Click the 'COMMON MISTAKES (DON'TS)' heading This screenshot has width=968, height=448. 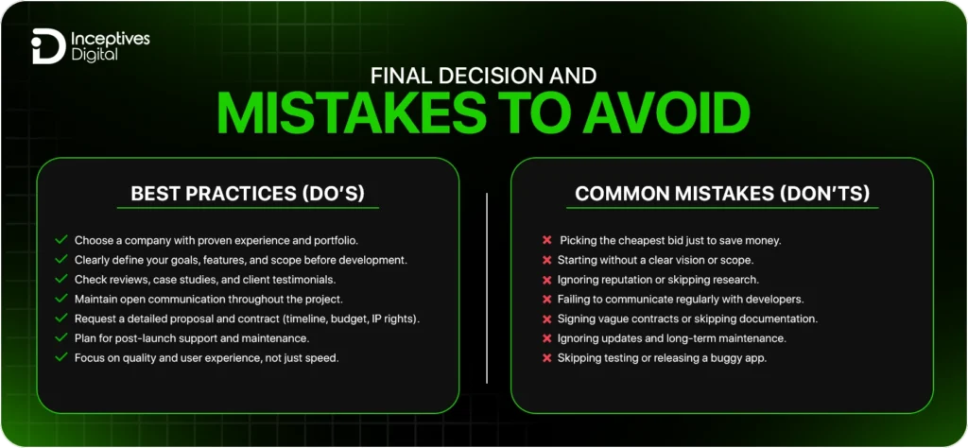coord(722,194)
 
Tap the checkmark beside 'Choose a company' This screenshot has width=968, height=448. coord(61,240)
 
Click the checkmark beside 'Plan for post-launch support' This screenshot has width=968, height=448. coord(61,337)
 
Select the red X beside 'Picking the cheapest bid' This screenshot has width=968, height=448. coord(546,240)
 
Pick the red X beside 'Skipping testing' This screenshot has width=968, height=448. coord(546,358)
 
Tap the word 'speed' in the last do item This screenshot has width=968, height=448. coord(320,357)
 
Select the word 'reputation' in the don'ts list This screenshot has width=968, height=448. coord(631,280)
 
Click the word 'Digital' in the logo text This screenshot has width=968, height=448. coord(94,55)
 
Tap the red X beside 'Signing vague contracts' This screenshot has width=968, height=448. coord(546,319)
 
